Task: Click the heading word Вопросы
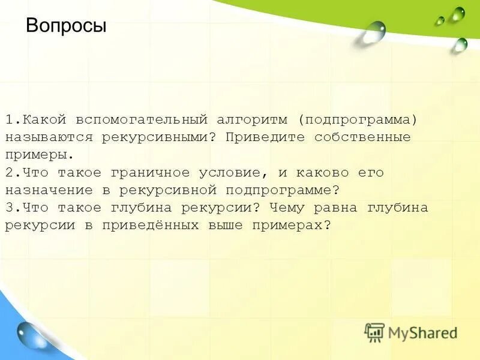point(66,26)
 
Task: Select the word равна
point(337,208)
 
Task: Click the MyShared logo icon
point(374,332)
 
